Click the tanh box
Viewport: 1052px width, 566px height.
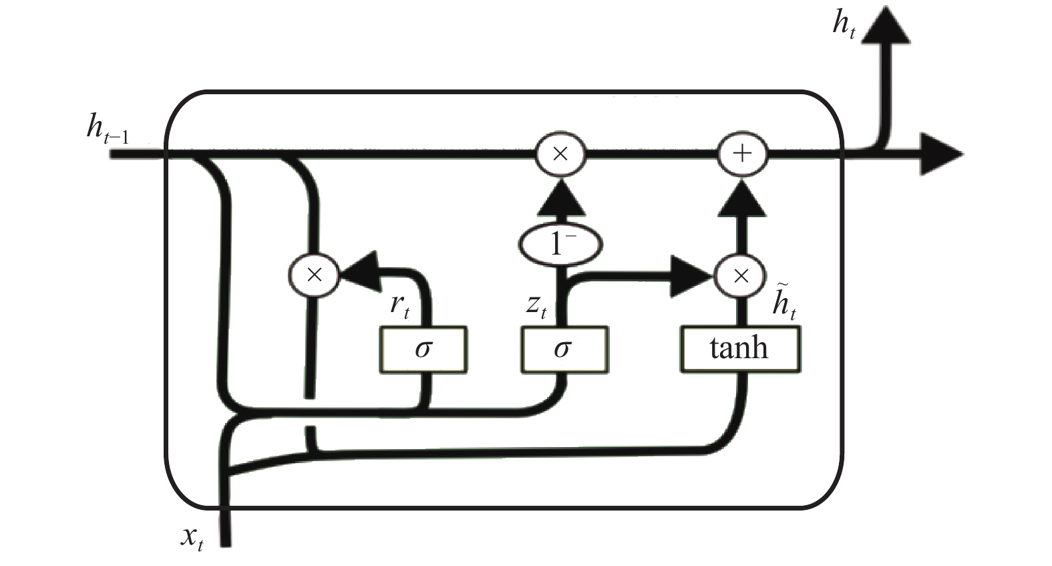739,349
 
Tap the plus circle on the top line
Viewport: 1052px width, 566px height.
742,154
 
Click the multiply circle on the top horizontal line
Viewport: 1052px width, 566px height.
560,154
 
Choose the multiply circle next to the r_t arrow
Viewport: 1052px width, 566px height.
314,275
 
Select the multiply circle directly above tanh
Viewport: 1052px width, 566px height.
740,276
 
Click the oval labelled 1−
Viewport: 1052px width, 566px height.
560,245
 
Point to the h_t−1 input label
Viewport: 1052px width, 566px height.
108,128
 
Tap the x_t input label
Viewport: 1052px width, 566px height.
192,538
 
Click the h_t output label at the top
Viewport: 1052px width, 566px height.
844,24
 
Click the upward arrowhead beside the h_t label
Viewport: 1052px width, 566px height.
886,25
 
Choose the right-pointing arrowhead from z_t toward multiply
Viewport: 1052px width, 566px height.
692,276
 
